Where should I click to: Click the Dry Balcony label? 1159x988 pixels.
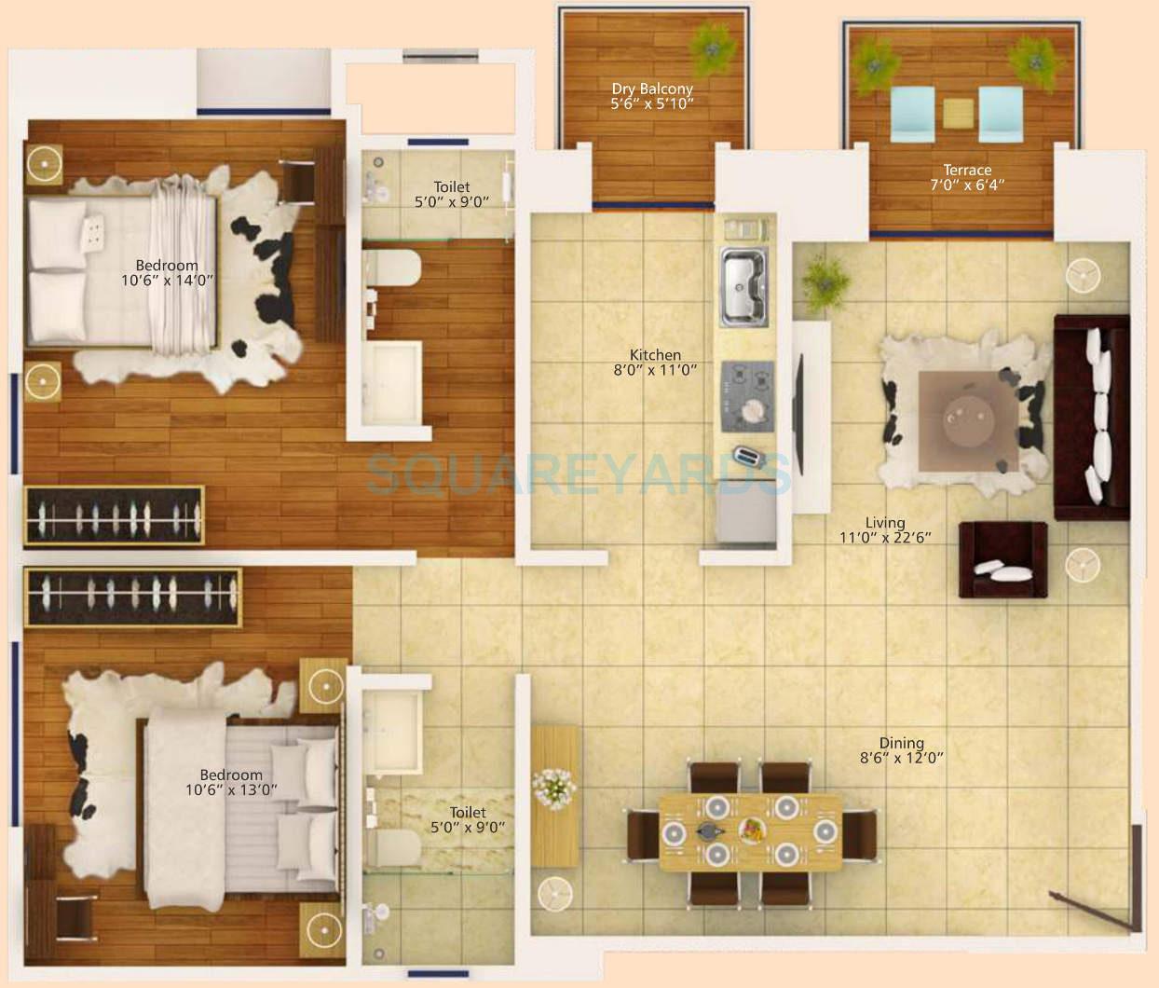click(652, 89)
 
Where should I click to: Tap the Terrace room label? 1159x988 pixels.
click(966, 170)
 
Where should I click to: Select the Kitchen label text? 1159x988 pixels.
click(655, 355)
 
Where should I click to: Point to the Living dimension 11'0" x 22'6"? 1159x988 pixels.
click(884, 537)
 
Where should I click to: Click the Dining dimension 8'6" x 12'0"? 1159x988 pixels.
click(901, 758)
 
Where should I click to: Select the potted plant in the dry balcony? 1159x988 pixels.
click(713, 42)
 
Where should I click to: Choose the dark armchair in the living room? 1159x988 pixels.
click(1002, 559)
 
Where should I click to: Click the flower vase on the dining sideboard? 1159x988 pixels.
click(554, 788)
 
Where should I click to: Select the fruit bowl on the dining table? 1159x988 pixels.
click(753, 829)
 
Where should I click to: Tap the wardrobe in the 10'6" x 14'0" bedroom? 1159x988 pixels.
click(115, 515)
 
